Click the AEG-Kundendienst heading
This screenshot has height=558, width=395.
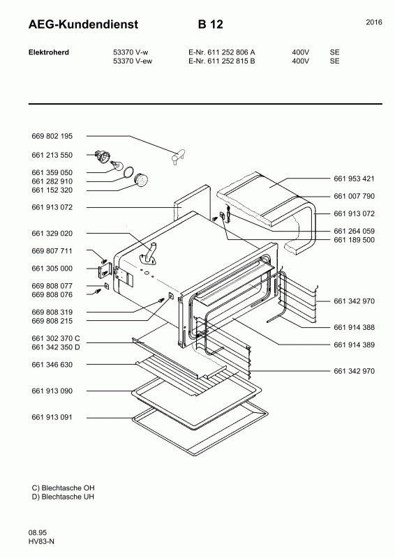tap(83, 24)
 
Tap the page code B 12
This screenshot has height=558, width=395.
tap(211, 24)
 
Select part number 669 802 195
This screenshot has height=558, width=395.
tap(52, 136)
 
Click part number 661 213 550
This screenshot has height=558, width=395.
tap(52, 155)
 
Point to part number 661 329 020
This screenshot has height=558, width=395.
tap(52, 234)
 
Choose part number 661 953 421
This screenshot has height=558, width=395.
tap(354, 179)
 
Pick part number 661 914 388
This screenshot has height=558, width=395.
tap(354, 327)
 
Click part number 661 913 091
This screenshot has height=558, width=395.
tap(52, 417)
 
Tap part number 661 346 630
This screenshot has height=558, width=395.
tap(52, 365)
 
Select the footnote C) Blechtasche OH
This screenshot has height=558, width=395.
tap(63, 488)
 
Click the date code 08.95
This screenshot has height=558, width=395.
tap(38, 533)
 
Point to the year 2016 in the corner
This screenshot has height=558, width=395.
tap(374, 22)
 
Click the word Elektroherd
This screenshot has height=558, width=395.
tap(49, 52)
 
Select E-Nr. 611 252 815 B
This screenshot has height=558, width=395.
tap(221, 61)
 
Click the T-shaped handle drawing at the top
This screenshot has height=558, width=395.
tap(177, 156)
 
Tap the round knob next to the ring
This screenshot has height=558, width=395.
tap(141, 180)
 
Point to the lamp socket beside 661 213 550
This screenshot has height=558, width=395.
tap(103, 156)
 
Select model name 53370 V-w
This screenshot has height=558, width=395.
tap(131, 52)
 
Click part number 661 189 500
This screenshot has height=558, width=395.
tap(354, 240)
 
